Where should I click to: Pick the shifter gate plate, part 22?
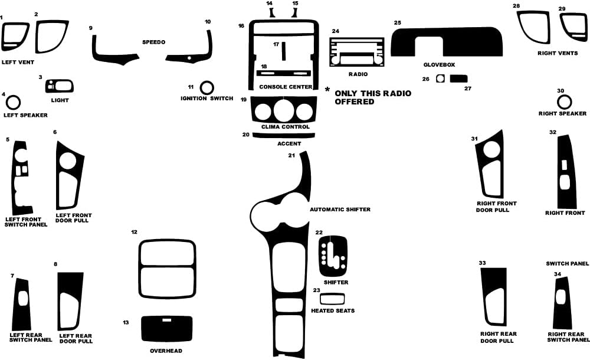333,257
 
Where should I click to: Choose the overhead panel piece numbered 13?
166,329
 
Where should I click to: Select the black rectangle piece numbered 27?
458,78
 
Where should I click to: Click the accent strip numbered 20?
283,135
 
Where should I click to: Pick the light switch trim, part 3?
60,87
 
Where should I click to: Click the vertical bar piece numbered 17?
283,51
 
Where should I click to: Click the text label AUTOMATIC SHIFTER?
340,210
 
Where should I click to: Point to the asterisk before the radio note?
327,90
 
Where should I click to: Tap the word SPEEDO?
153,42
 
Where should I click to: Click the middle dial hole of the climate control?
283,111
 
